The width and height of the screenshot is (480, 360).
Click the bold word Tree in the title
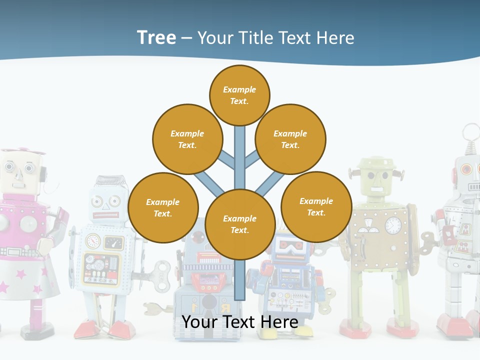pyautogui.click(x=156, y=37)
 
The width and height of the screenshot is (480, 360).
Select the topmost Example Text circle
pyautogui.click(x=239, y=95)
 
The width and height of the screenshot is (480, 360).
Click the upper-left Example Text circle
pyautogui.click(x=187, y=139)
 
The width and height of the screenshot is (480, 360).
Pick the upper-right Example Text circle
pyautogui.click(x=290, y=139)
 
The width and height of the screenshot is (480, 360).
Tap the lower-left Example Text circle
pyautogui.click(x=163, y=207)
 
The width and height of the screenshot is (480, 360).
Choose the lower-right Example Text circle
pyautogui.click(x=316, y=206)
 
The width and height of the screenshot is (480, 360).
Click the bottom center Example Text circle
pyautogui.click(x=240, y=224)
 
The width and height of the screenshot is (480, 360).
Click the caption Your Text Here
pyautogui.click(x=240, y=321)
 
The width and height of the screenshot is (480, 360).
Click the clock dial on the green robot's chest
pyautogui.click(x=393, y=225)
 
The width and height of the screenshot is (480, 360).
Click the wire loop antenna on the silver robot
pyautogui.click(x=470, y=132)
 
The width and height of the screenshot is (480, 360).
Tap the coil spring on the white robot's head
pyautogui.click(x=113, y=182)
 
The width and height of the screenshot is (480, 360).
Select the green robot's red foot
pyautogui.click(x=355, y=327)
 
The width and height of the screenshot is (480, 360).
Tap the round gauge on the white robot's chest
pyautogui.click(x=93, y=241)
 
